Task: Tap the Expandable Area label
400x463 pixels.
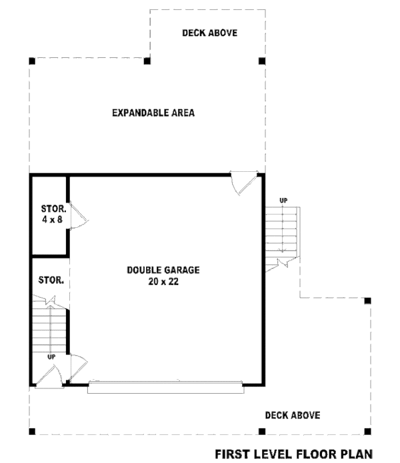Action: pos(153,113)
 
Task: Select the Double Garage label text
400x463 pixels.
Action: pos(163,270)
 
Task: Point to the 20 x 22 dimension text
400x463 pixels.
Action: pos(163,282)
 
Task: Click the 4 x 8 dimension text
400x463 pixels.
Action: pos(50,219)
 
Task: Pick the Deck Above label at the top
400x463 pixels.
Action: pos(209,33)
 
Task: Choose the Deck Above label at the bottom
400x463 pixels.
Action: pos(293,415)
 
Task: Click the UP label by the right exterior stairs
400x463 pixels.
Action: pos(283,200)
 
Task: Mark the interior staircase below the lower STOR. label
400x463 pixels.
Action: pos(50,330)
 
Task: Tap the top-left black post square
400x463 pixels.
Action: pos(32,61)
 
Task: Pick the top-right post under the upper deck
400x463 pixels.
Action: pos(262,61)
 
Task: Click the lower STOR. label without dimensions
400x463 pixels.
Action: pos(51,280)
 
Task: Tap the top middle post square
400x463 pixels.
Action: pos(147,61)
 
